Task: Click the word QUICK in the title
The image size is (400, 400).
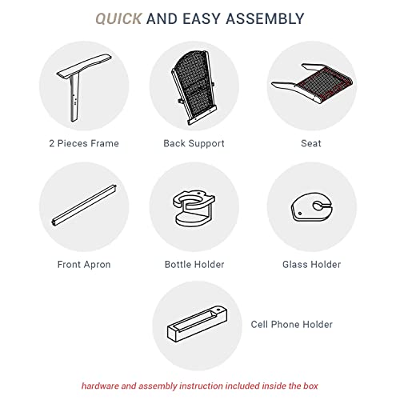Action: pos(118,19)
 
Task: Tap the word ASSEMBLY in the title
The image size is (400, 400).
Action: pos(265,19)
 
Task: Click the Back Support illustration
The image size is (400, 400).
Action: pos(194,87)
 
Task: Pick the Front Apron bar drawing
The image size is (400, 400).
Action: pos(84,206)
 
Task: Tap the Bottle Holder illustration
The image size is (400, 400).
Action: pos(194,208)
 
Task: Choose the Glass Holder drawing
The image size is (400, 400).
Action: pos(311,207)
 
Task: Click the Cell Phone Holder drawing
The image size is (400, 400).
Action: pos(198,323)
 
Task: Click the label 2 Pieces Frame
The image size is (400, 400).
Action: pos(84,143)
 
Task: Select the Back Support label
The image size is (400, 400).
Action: pos(194,144)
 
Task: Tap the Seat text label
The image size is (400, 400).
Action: pos(311,143)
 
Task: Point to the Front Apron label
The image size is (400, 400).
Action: pos(84,265)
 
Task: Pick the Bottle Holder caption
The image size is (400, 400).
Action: pos(194,265)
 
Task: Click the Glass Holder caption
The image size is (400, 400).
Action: pos(312,265)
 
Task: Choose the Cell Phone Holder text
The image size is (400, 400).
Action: pos(292,325)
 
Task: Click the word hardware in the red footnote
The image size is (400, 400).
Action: pos(100,386)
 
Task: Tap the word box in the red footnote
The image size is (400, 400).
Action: pos(310,386)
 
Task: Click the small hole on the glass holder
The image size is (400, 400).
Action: pos(300,214)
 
